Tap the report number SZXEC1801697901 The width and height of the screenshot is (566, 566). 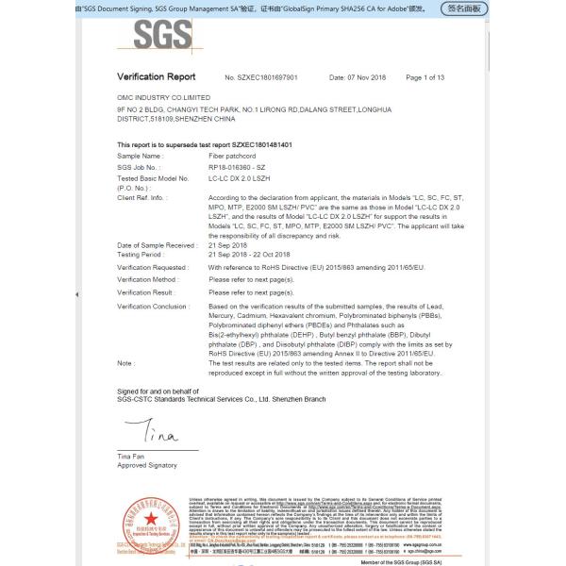tap(261, 76)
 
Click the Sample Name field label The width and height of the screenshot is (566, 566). tap(139, 155)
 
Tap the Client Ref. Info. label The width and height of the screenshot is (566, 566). tap(141, 198)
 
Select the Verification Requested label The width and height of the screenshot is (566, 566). tap(151, 267)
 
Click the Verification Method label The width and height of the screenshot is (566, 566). tap(147, 280)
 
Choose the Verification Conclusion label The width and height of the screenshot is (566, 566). tap(153, 307)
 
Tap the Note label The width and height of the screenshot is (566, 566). tap(125, 362)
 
